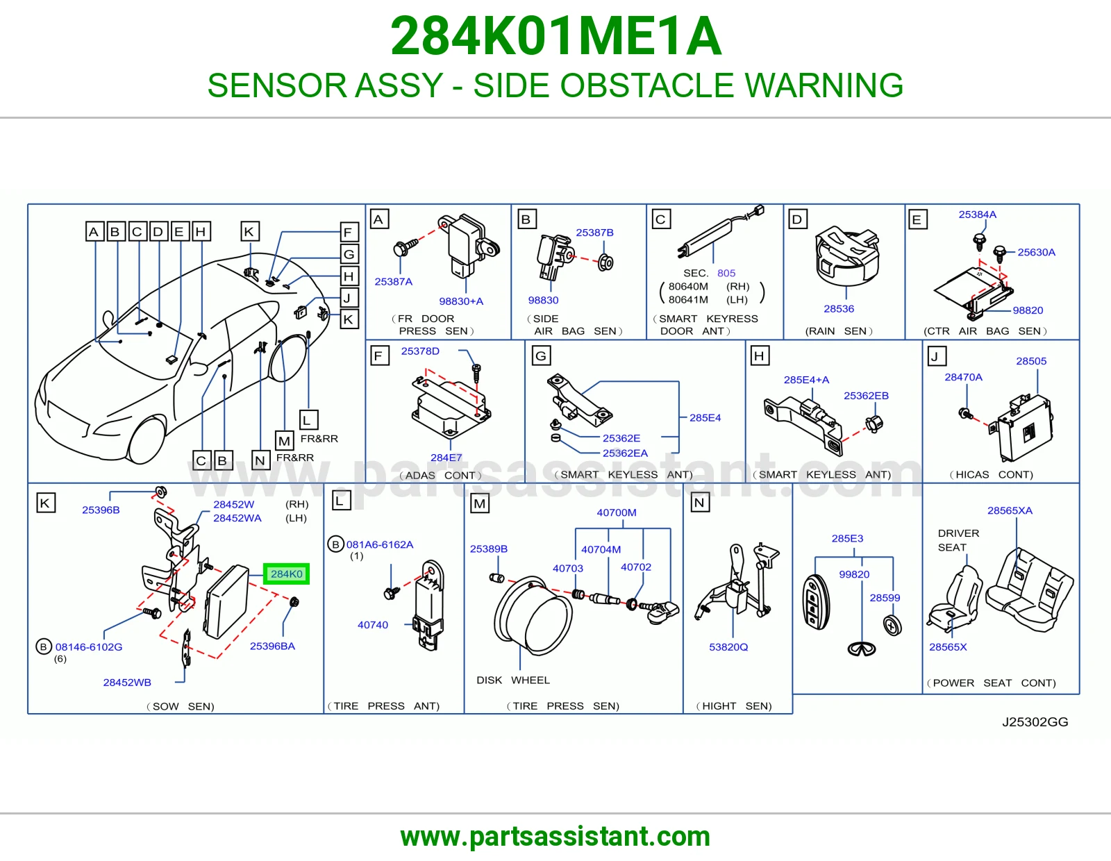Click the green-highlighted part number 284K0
[x=286, y=574]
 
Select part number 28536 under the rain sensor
[x=839, y=308]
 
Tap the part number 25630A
[x=1036, y=252]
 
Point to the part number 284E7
[x=446, y=458]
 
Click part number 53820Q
[x=728, y=646]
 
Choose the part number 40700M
[x=617, y=512]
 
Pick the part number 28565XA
[x=1010, y=510]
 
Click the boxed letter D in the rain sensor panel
[x=797, y=219]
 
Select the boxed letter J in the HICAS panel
[x=937, y=356]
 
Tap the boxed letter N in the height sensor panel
[x=699, y=503]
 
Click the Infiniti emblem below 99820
[x=862, y=649]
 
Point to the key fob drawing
[x=816, y=602]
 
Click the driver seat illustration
[x=953, y=599]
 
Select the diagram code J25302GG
[x=1035, y=722]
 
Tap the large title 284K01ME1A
[x=555, y=36]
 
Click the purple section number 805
[x=726, y=273]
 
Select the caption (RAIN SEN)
[x=839, y=331]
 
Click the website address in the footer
[x=555, y=837]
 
